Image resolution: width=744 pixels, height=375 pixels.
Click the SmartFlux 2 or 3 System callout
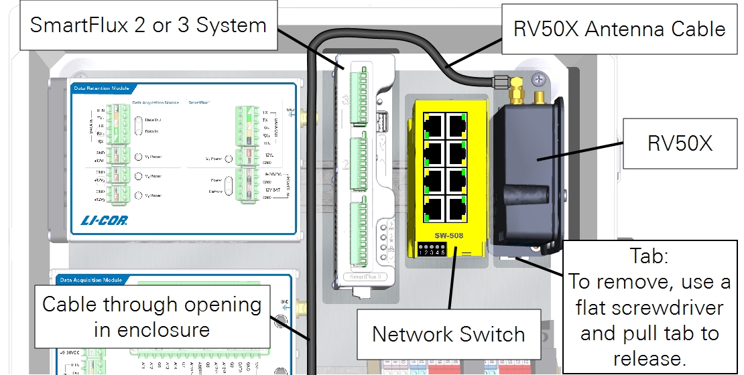point(149,26)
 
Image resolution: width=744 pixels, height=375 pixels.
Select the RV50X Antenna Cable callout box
point(619,28)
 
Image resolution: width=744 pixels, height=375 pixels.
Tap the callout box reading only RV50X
point(678,143)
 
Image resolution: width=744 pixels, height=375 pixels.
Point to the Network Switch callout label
point(448,333)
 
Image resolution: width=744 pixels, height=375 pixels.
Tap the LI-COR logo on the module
point(104,220)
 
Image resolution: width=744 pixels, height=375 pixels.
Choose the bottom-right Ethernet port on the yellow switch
point(457,209)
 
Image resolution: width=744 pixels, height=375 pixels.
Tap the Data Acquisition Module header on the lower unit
point(90,279)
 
